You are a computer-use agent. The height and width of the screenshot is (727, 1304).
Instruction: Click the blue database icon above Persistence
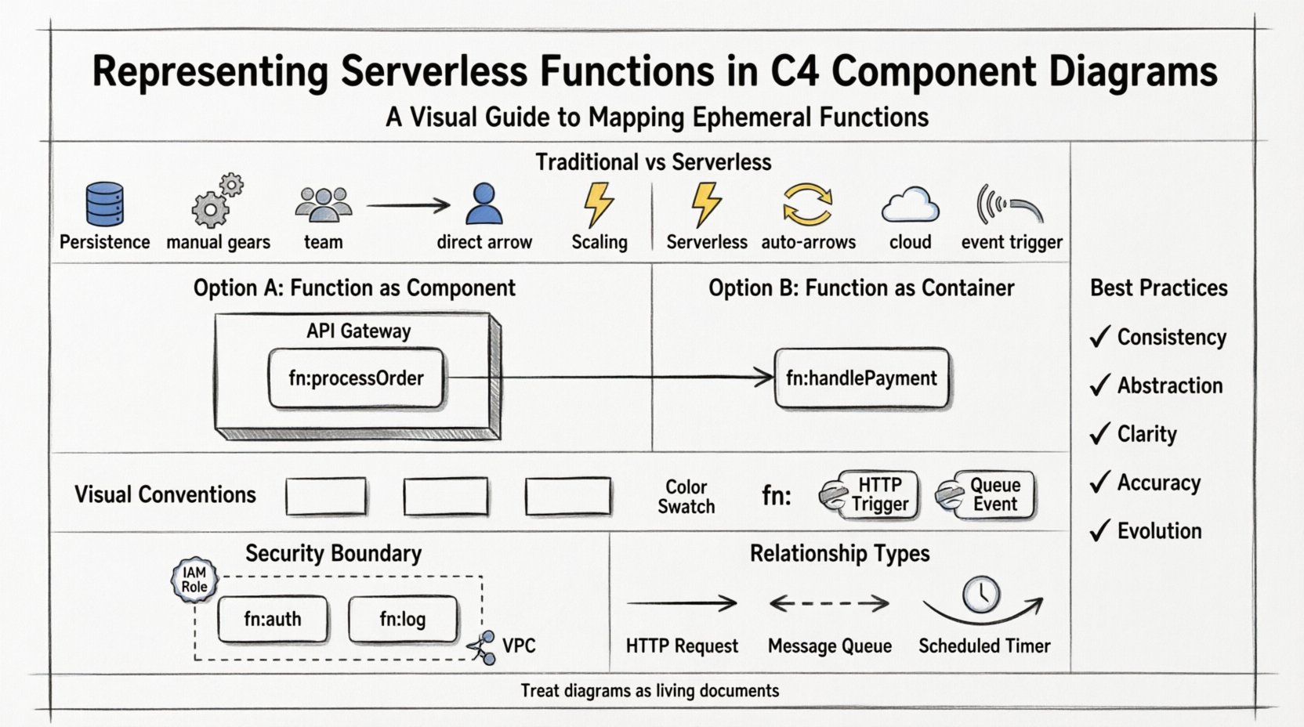click(104, 204)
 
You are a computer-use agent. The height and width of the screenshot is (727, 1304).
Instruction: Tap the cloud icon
click(910, 205)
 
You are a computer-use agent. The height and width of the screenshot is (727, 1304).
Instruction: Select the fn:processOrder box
click(356, 378)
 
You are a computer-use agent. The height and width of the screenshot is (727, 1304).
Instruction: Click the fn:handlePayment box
click(861, 378)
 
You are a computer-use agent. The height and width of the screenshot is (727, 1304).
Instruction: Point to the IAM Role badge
click(194, 581)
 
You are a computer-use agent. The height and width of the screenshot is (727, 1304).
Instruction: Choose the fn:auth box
click(272, 619)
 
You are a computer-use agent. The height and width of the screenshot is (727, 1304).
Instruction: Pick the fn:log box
click(402, 619)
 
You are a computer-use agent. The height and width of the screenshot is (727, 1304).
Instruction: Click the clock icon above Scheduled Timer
click(981, 595)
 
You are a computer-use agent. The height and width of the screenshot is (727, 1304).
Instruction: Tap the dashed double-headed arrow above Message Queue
click(829, 603)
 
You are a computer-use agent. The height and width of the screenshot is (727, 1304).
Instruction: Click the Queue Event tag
click(988, 495)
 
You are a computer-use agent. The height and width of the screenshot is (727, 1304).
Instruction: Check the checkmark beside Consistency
click(1100, 337)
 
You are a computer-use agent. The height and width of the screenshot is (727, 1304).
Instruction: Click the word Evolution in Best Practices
click(1159, 531)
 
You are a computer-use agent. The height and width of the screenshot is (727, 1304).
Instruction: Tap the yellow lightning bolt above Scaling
click(599, 204)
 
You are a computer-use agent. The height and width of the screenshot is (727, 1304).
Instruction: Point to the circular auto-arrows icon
click(807, 204)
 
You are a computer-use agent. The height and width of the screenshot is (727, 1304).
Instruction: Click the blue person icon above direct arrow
click(484, 204)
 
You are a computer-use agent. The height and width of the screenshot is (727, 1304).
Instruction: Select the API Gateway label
click(358, 331)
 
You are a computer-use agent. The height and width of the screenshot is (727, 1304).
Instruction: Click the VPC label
click(519, 646)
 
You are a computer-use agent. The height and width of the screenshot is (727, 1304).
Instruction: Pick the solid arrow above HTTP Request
click(681, 603)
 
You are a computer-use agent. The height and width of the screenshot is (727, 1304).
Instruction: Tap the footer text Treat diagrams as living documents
click(650, 691)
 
